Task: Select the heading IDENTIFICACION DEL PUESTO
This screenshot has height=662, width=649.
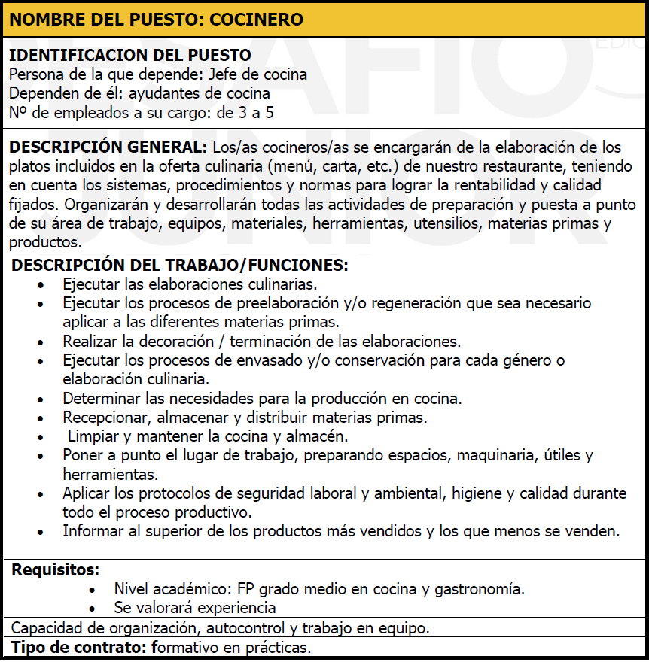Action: pos(129,56)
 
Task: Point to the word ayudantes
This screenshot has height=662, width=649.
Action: pos(160,94)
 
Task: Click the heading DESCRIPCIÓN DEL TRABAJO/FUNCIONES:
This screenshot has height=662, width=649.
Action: pos(181,265)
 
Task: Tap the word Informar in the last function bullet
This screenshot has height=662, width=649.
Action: pos(93,531)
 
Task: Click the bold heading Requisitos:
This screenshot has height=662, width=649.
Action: pos(56,569)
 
